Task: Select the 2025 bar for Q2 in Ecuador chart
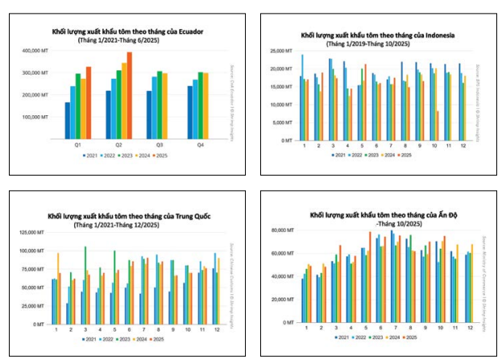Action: pyautogui.click(x=130, y=95)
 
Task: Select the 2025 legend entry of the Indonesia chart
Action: pyautogui.click(x=407, y=154)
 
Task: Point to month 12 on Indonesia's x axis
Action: pyautogui.click(x=461, y=145)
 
